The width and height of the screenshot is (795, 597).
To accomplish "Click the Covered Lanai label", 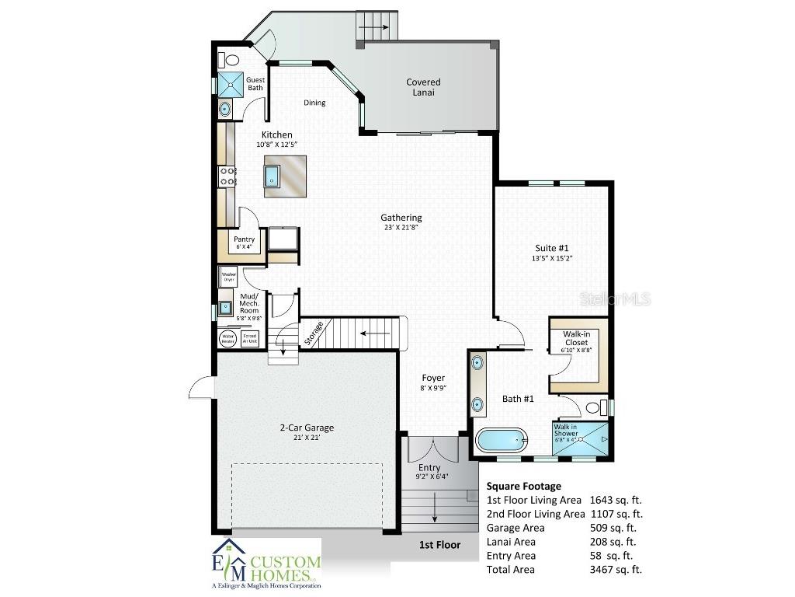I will pyautogui.click(x=423, y=87).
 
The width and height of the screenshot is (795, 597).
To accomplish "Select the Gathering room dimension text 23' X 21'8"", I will pyautogui.click(x=401, y=228).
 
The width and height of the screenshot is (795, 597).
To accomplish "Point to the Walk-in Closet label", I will pyautogui.click(x=576, y=338).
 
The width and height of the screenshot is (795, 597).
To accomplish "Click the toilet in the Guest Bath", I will pyautogui.click(x=230, y=59).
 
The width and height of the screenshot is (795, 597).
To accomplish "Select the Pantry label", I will pyautogui.click(x=245, y=239).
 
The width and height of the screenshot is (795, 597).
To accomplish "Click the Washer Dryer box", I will pyautogui.click(x=228, y=277).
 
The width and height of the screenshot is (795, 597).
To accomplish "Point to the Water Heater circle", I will pyautogui.click(x=228, y=339).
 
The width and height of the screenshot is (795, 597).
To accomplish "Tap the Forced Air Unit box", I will pyautogui.click(x=250, y=339).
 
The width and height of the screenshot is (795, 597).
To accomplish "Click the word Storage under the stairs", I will pyautogui.click(x=314, y=333).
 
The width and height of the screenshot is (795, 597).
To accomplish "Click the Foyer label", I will pyautogui.click(x=433, y=378).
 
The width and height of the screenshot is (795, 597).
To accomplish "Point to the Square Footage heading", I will pyautogui.click(x=523, y=486).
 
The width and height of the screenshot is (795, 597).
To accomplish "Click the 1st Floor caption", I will pyautogui.click(x=439, y=545).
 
